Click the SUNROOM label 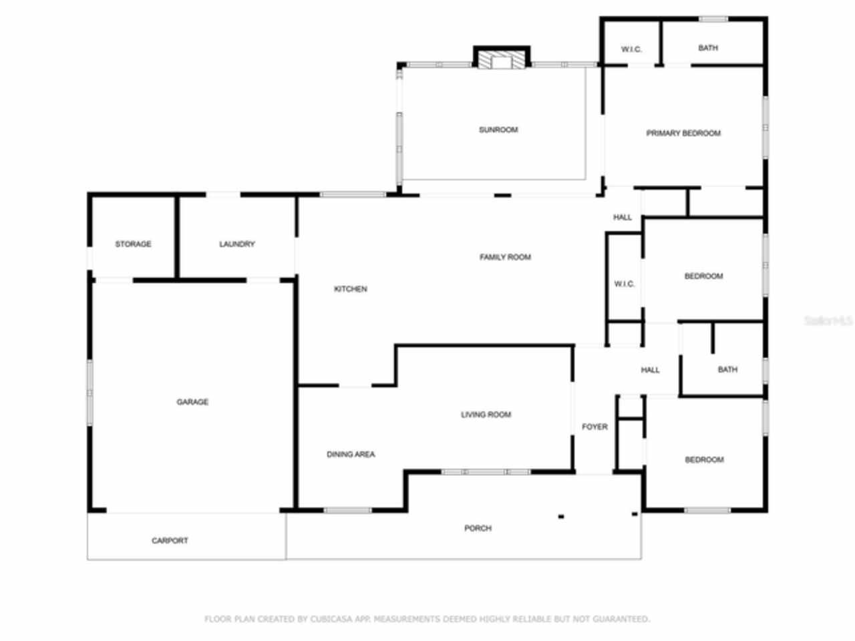[x=498, y=130]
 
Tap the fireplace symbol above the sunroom [x=501, y=61]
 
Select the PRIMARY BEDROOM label [x=683, y=134]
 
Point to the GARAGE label [x=192, y=402]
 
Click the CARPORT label [x=170, y=541]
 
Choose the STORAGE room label [x=133, y=244]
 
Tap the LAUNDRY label [x=237, y=244]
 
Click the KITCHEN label [x=351, y=289]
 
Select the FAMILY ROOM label [x=505, y=257]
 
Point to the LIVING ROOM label [x=486, y=415]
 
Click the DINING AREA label [x=351, y=455]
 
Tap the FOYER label [x=594, y=427]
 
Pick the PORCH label [x=478, y=528]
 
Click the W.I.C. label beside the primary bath [x=631, y=49]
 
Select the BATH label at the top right [x=708, y=48]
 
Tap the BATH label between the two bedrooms [x=727, y=369]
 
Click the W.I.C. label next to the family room [x=625, y=284]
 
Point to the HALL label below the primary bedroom [x=623, y=217]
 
